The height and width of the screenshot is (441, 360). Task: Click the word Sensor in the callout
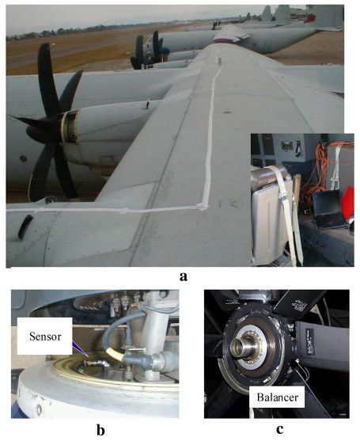point(45,336)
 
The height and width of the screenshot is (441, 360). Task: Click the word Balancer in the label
point(278,397)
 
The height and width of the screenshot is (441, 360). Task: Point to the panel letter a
point(184,277)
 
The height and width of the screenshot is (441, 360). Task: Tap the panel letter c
point(279,430)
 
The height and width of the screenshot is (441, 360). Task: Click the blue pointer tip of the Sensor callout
point(88,356)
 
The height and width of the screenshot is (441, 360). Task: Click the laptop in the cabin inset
point(329,209)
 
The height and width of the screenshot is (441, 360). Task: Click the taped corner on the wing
point(204,207)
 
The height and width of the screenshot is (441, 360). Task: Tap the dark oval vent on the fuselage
point(25,227)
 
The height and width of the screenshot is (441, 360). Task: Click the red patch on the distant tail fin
point(309,18)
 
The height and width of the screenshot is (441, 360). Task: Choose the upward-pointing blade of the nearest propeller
point(47,76)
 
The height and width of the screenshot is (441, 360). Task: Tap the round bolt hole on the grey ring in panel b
point(39,409)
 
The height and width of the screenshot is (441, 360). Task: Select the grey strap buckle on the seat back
point(279,195)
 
